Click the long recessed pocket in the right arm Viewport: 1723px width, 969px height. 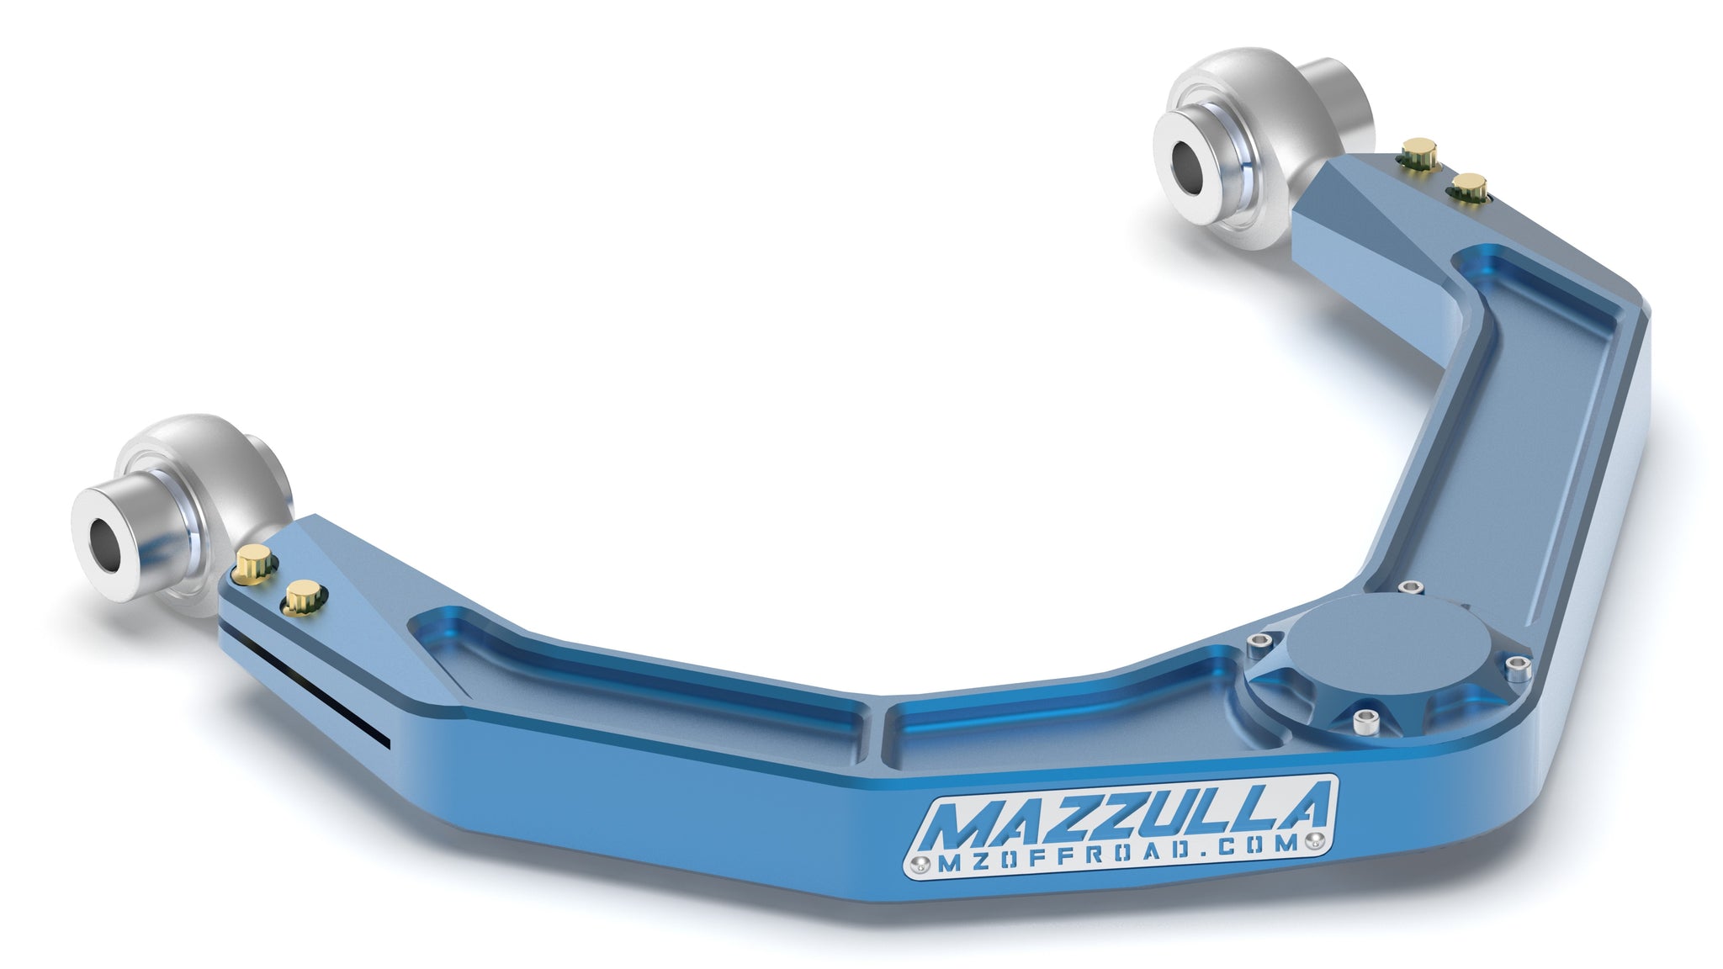(x=1514, y=421)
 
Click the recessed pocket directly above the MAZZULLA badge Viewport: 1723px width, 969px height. (x=1052, y=728)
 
